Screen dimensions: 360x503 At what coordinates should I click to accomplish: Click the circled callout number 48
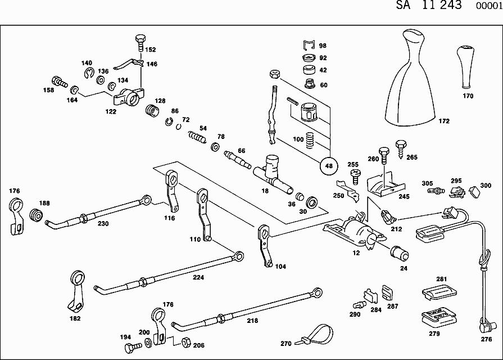tap(329, 166)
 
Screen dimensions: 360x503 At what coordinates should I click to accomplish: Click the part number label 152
tap(151, 49)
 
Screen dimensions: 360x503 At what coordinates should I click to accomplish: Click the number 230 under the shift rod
tap(103, 223)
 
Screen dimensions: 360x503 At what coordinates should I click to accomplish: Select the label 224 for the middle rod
tap(198, 277)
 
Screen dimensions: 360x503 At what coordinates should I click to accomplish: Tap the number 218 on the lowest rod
tap(252, 321)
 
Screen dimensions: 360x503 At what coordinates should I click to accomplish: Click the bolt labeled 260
tap(384, 153)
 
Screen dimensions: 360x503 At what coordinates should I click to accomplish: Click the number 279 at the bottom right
tap(434, 334)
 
